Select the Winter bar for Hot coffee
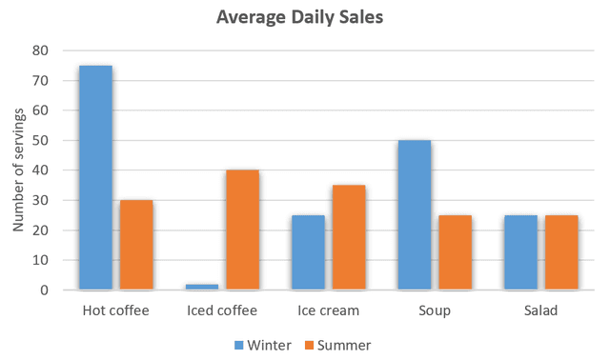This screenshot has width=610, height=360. click(x=95, y=177)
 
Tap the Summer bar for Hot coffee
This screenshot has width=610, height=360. click(x=136, y=245)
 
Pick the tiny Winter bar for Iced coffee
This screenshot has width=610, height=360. click(x=202, y=287)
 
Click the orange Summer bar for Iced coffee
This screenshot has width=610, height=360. click(x=243, y=230)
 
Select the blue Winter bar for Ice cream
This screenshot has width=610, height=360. click(x=309, y=252)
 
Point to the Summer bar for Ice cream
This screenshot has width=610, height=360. click(x=350, y=237)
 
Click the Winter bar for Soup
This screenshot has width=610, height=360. click(x=415, y=215)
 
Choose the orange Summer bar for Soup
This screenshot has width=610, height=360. click(x=456, y=252)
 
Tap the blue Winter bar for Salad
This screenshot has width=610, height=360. click(x=521, y=252)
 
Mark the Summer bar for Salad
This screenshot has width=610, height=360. click(x=561, y=252)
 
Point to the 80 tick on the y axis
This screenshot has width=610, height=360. click(x=42, y=50)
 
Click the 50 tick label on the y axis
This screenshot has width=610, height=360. click(x=42, y=140)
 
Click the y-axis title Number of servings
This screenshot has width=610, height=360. click(x=18, y=170)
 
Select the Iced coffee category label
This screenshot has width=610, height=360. click(x=222, y=310)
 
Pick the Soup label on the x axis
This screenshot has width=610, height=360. click(x=435, y=310)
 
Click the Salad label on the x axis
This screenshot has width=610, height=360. click(x=541, y=310)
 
